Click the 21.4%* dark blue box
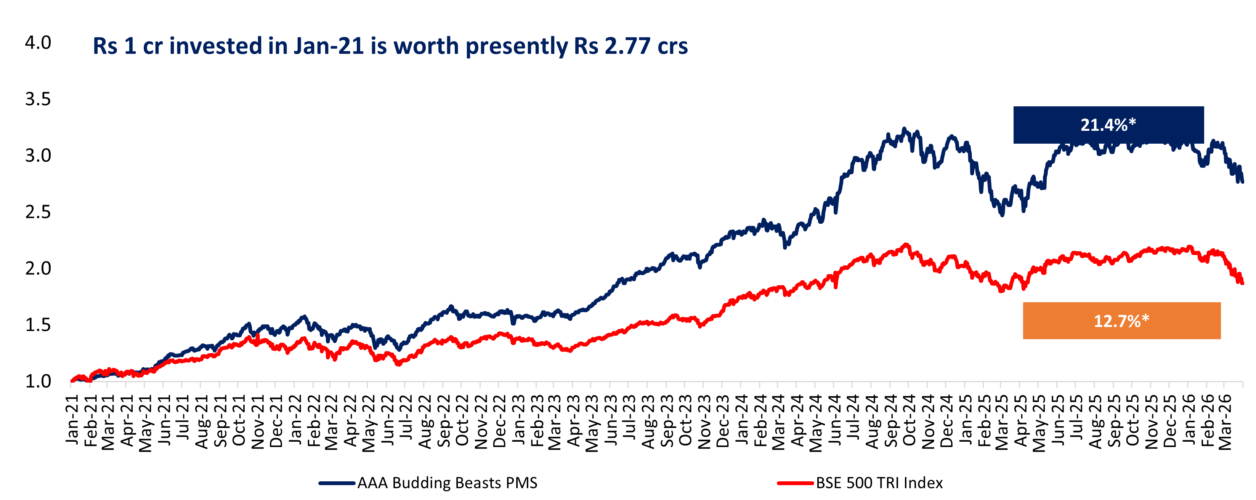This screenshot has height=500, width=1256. coord(1108,125)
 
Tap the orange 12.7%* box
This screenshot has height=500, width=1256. coord(1121,321)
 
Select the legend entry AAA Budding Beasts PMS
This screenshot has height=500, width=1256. coord(447,483)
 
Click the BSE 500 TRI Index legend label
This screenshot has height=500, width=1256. coord(879,483)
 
